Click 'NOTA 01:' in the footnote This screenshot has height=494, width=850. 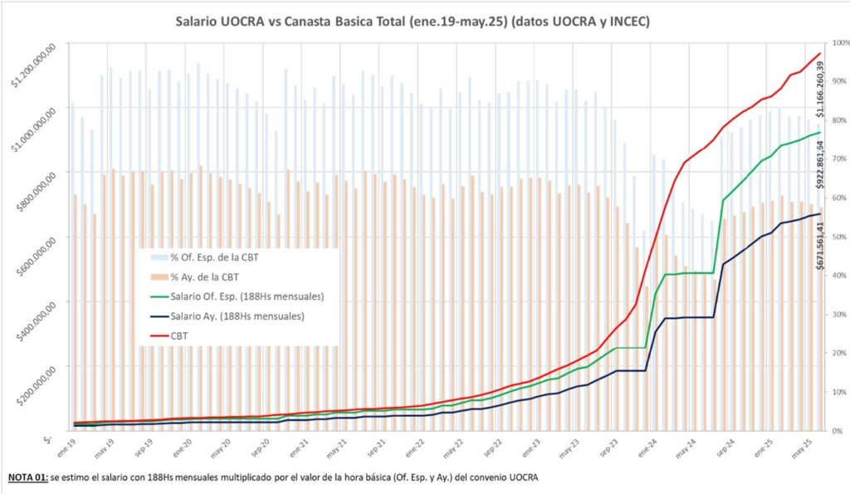point(28,478)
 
